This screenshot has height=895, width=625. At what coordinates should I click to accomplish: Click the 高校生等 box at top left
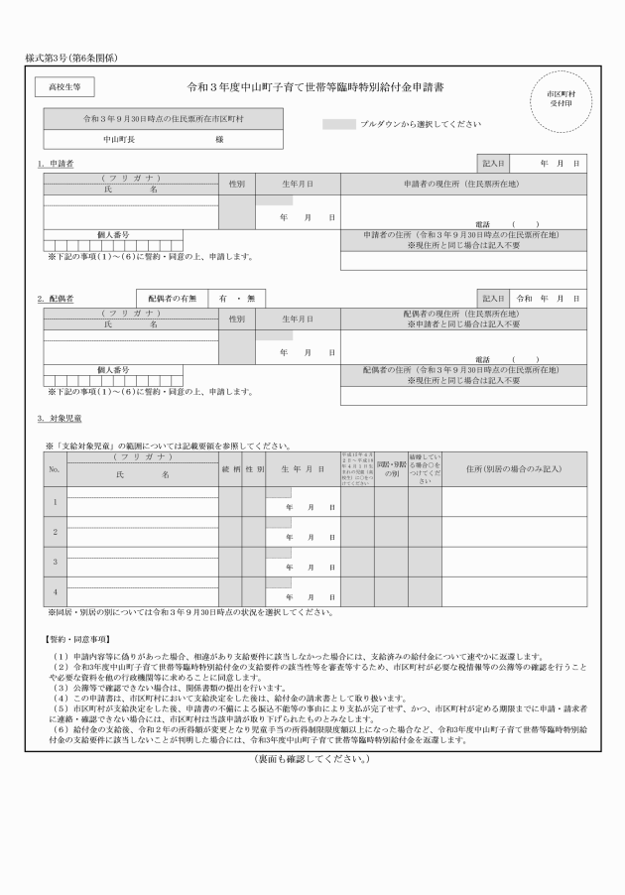[64, 87]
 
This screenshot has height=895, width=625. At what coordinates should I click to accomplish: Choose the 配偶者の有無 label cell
[172, 298]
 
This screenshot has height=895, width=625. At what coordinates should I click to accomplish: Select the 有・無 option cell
[236, 298]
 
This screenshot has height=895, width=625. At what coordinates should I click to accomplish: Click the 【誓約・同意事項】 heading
[77, 638]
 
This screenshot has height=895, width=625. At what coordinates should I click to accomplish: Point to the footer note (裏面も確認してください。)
[312, 759]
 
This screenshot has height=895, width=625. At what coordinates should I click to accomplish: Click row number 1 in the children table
[55, 501]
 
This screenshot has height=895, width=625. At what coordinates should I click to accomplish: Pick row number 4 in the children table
[55, 591]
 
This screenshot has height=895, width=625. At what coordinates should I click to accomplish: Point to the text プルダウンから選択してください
[422, 124]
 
